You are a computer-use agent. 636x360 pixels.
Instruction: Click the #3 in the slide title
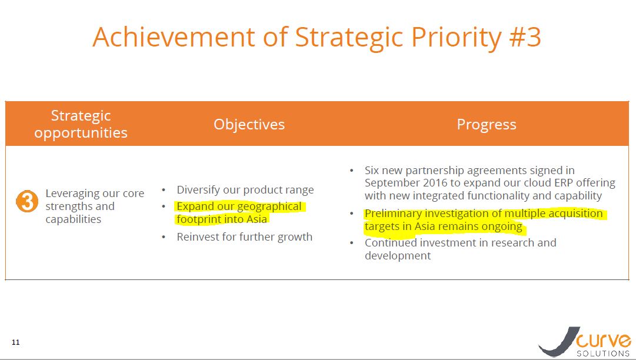tap(525, 37)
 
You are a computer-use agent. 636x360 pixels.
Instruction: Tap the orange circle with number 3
tap(27, 201)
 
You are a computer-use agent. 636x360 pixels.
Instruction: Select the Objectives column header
tap(249, 124)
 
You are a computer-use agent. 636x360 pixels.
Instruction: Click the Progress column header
tap(487, 125)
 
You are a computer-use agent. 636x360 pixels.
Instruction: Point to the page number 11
tap(16, 342)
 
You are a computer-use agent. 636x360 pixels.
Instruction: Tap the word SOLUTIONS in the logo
tap(603, 354)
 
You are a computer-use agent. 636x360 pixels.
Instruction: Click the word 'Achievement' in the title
tap(174, 37)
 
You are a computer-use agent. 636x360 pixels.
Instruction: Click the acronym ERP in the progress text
tap(564, 183)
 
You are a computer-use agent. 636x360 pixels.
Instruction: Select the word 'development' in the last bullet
tap(398, 256)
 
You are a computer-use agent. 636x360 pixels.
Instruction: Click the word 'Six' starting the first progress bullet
tap(372, 170)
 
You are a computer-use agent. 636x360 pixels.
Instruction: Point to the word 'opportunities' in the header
tap(81, 134)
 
